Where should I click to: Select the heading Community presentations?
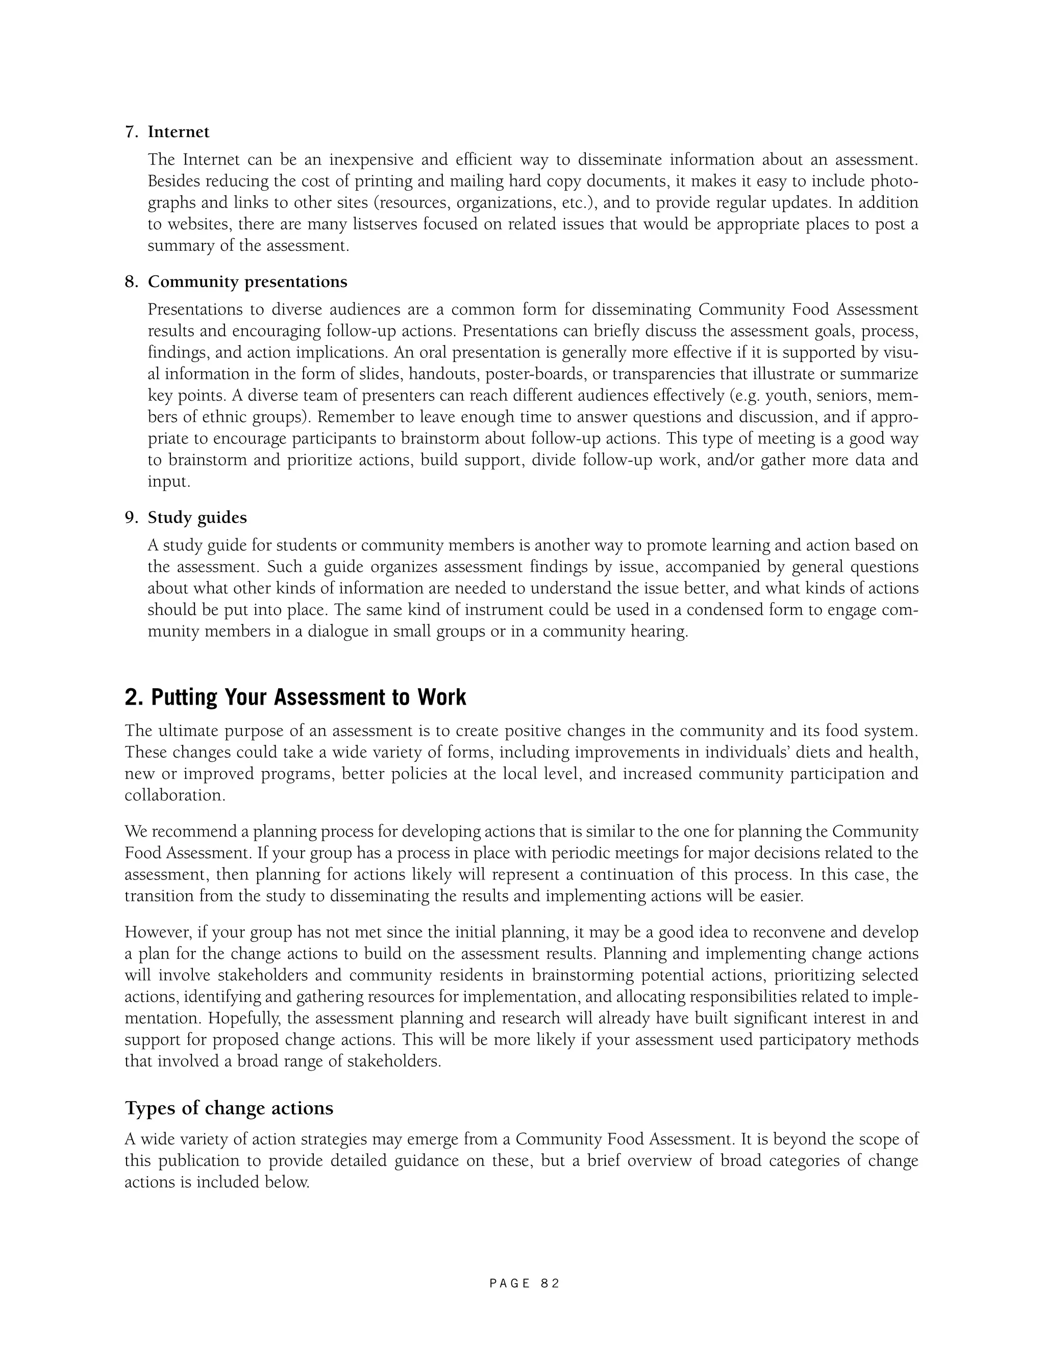tap(247, 281)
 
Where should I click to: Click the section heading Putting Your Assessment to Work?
tap(295, 697)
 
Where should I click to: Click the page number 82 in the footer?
tap(550, 1284)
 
